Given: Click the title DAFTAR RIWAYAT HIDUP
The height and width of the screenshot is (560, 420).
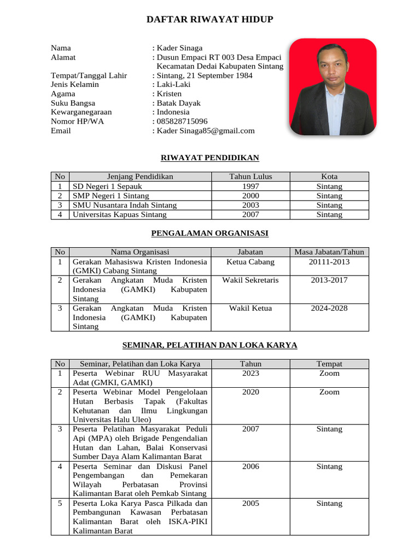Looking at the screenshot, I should [x=209, y=20].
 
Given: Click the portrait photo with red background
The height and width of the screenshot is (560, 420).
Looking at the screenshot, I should [x=332, y=86].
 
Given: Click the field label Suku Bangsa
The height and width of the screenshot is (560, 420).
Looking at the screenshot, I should [x=73, y=103].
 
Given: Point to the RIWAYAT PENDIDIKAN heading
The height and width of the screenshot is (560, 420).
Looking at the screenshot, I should [x=209, y=158].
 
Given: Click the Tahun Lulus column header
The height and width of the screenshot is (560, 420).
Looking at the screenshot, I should [x=250, y=177].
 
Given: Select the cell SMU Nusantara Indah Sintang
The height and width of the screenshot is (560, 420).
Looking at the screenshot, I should [x=125, y=205].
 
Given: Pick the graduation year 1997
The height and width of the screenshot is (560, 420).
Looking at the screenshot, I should [x=250, y=186].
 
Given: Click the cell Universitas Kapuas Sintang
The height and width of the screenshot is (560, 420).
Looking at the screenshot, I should [x=119, y=214].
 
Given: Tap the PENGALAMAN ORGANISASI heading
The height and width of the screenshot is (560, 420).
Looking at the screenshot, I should [x=209, y=233].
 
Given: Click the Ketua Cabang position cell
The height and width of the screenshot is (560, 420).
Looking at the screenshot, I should [x=250, y=262].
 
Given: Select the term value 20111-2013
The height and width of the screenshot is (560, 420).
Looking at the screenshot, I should [x=329, y=262].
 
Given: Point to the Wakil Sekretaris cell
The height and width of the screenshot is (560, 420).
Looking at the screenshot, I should [x=250, y=280].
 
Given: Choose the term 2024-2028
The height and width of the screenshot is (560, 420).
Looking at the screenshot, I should [x=329, y=308].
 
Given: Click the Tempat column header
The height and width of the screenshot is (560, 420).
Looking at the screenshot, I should [x=329, y=364].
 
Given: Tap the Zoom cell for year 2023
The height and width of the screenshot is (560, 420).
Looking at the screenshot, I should [x=329, y=374].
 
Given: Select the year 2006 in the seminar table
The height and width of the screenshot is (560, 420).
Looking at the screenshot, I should [x=250, y=466].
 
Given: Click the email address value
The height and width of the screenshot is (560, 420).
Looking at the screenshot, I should [x=206, y=131].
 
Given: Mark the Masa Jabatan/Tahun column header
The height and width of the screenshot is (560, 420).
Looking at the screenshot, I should [x=329, y=252].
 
